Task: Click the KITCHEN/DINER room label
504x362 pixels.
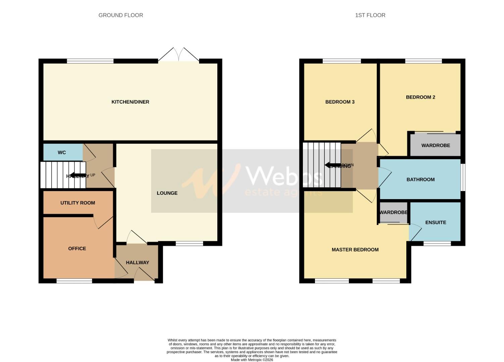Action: [x=130, y=102]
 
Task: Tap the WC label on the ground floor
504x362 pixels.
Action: [x=62, y=153]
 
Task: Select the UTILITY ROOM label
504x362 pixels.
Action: [x=78, y=203]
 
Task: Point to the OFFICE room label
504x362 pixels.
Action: [x=77, y=248]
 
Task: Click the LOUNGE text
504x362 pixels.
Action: [x=167, y=193]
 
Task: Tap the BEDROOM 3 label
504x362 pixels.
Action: [x=340, y=102]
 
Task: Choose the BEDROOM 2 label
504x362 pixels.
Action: [x=420, y=97]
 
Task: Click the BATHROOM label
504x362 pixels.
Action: [x=420, y=180]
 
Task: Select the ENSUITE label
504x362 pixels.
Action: [x=436, y=223]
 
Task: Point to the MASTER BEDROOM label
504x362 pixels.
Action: [x=355, y=250]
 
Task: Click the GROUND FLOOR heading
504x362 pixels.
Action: [x=121, y=15]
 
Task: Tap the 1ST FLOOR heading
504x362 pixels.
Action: [x=370, y=15]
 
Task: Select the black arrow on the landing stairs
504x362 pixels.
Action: [x=332, y=165]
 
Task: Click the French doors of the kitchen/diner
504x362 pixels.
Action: [x=179, y=55]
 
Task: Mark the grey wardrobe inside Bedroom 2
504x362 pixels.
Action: [x=436, y=145]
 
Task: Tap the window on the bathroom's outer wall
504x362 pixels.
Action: [x=463, y=177]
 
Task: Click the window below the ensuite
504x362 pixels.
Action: [x=437, y=243]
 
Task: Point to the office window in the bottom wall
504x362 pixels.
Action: [x=74, y=281]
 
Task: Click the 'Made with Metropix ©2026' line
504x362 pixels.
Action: [x=252, y=360]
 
